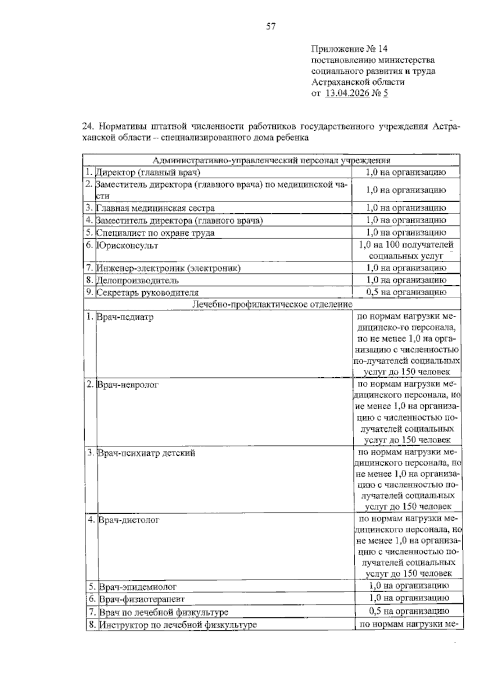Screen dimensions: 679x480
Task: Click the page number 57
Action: (271, 27)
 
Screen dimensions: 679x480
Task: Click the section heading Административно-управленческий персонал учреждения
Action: (271, 161)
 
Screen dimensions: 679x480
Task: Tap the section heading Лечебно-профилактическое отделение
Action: (272, 304)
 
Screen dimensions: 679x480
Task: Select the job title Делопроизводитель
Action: (138, 280)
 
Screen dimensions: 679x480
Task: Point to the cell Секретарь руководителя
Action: (148, 292)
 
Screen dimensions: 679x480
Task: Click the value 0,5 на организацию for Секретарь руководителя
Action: (406, 292)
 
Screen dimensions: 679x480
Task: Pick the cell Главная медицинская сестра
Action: (155, 208)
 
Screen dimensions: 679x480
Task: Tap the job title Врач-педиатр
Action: (125, 317)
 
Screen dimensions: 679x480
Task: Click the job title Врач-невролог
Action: (128, 385)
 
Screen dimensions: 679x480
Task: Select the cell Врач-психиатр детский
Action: (146, 453)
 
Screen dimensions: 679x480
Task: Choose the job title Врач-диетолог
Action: (129, 520)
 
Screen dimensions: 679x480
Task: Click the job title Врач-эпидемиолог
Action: (138, 587)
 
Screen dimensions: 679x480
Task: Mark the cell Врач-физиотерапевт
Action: (142, 600)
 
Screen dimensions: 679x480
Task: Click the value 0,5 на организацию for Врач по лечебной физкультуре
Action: (409, 611)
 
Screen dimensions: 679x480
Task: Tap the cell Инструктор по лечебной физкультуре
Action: (178, 625)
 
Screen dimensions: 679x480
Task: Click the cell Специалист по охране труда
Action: (155, 233)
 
